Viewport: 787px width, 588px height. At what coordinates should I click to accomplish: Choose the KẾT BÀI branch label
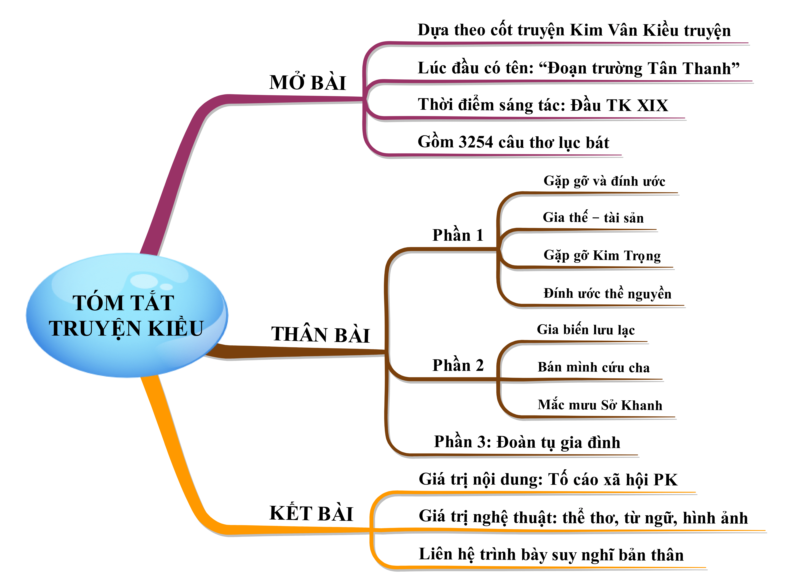[311, 513]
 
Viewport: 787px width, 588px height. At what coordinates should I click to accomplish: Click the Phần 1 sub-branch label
[458, 235]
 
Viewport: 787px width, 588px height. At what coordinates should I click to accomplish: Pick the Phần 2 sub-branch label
[458, 365]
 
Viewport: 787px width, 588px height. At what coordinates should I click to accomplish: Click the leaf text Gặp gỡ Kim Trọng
[602, 255]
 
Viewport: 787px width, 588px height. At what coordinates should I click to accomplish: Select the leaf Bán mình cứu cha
[593, 367]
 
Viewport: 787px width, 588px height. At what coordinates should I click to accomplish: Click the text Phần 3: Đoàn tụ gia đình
[527, 442]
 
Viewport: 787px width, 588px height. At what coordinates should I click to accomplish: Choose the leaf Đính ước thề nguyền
[607, 293]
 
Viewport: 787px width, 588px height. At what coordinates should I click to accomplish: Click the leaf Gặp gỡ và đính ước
[604, 181]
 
